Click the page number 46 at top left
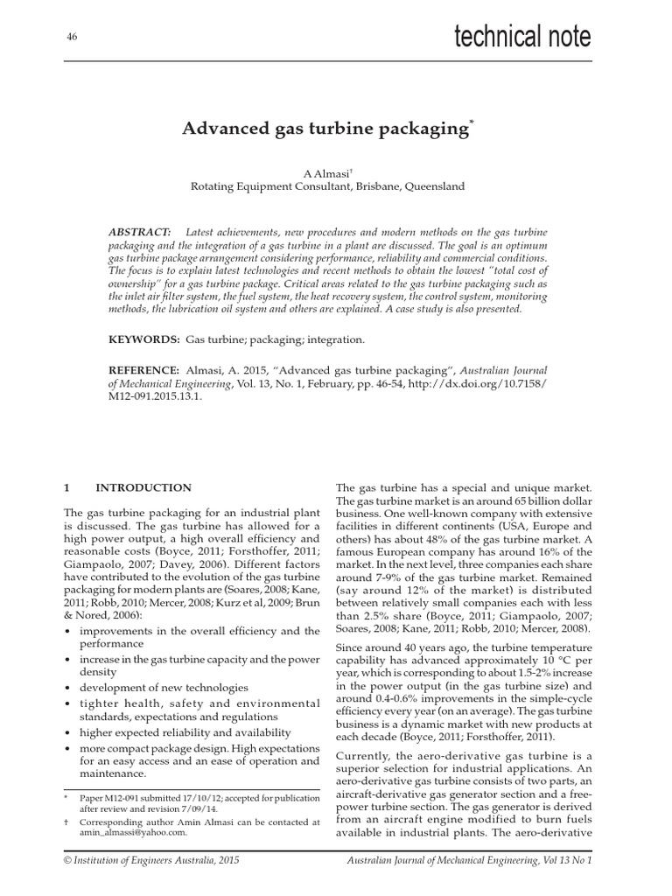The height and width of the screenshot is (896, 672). pyautogui.click(x=72, y=37)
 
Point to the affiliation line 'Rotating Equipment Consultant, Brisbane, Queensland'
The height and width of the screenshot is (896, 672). pyautogui.click(x=328, y=186)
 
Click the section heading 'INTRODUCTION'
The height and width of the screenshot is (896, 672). pyautogui.click(x=143, y=487)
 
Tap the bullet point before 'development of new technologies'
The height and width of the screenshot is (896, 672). pyautogui.click(x=68, y=688)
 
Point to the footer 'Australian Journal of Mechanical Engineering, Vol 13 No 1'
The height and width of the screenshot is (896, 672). pyautogui.click(x=464, y=863)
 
